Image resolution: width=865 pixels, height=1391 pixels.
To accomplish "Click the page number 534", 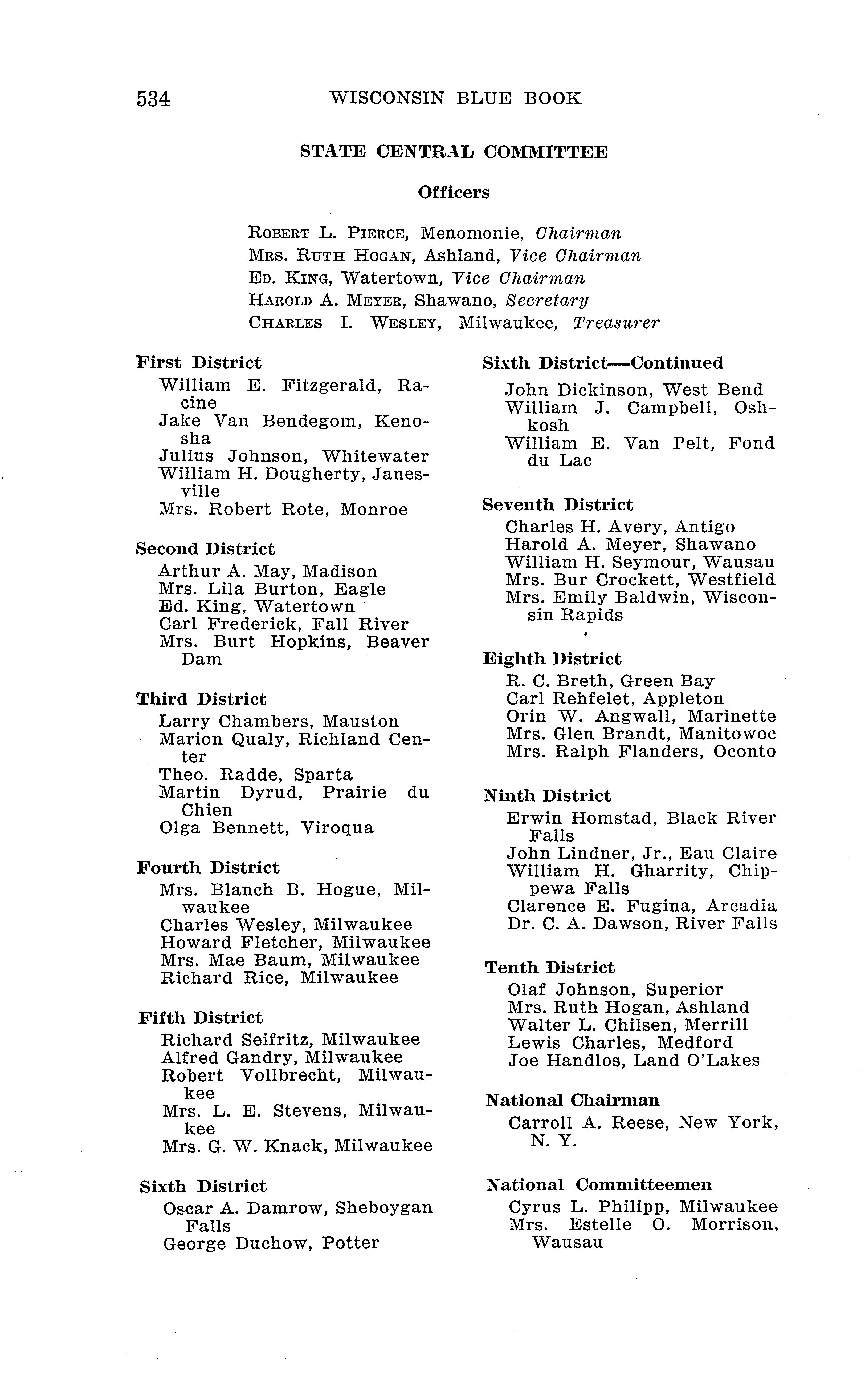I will click(153, 99).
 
